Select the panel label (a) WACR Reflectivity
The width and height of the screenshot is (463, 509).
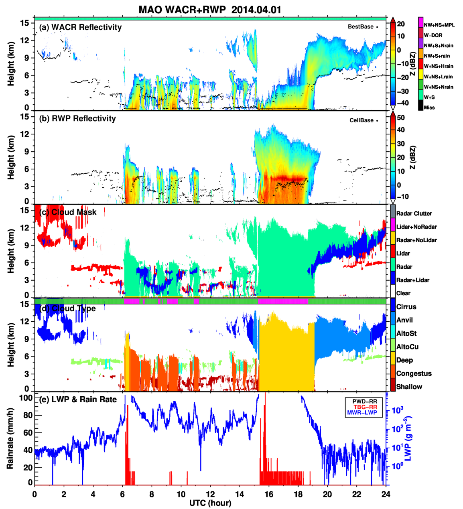tap(80, 27)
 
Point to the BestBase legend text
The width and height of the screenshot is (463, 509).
tap(361, 27)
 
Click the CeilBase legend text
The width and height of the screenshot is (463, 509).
tap(361, 120)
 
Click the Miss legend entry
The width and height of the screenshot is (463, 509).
tap(429, 107)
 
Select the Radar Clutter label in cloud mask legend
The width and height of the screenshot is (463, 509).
tap(414, 214)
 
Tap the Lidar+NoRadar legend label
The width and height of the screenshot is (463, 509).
tap(416, 227)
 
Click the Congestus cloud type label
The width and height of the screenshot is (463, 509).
tap(414, 373)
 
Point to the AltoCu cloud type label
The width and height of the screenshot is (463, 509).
tap(408, 347)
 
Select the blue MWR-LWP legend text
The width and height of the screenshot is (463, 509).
tap(362, 413)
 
